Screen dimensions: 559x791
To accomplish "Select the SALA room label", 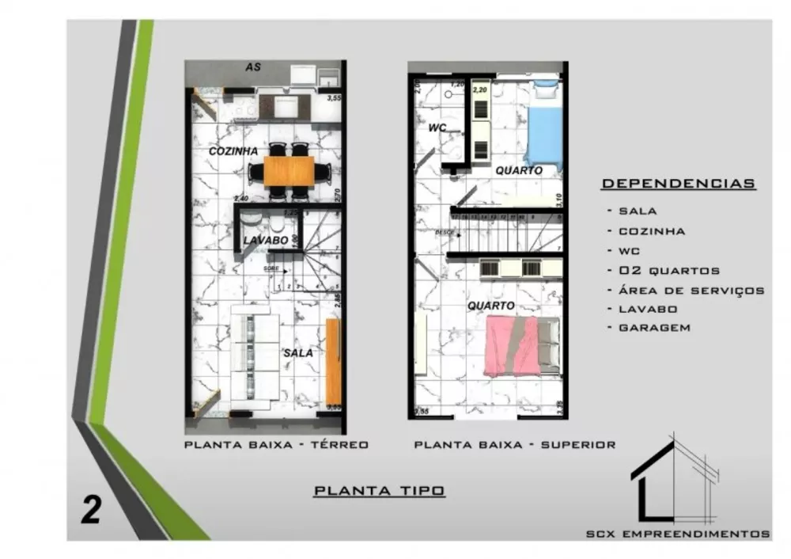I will pos(297,353).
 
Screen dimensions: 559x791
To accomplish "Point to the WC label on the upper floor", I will pos(437,127).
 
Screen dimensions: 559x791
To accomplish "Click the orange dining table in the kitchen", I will pos(288,171).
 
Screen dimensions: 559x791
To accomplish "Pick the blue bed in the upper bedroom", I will pos(543,131).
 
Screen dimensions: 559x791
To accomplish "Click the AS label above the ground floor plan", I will pos(253,67).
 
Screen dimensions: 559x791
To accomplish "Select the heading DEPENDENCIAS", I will pos(678,184).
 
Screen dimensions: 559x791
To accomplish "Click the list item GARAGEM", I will pos(654,328).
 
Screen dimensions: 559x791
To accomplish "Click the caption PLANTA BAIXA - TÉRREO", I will pos(276,445).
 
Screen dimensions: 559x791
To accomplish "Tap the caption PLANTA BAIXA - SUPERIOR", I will pos(514,445).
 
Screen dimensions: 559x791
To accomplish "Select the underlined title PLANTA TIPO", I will pos(380,491).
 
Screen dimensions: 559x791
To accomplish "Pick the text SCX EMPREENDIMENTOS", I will pos(677,534).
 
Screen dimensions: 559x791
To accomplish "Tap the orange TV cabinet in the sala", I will pos(334,360).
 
